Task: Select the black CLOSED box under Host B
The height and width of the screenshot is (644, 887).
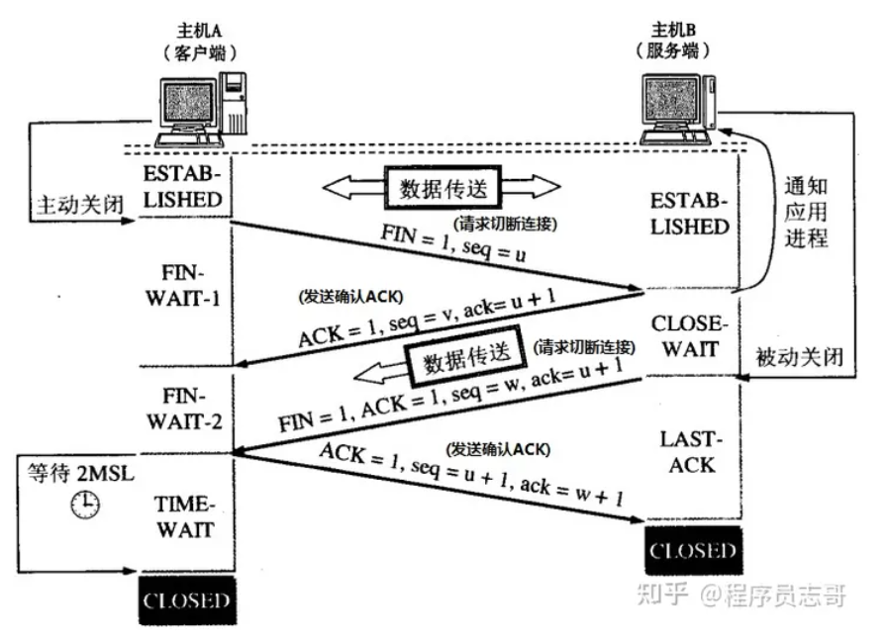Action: [x=692, y=551]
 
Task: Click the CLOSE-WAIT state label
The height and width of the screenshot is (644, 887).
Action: [x=691, y=336]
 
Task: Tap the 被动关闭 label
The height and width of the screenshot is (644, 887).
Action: [x=798, y=356]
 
